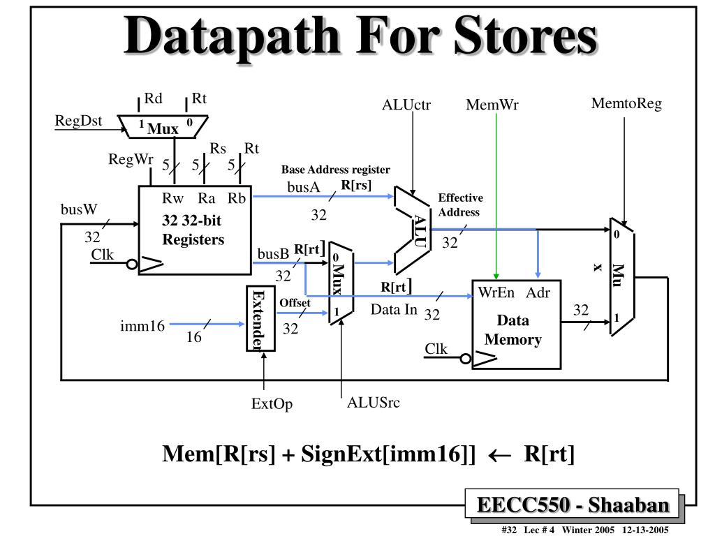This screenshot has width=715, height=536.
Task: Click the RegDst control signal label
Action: point(78,121)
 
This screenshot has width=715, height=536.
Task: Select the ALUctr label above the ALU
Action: point(406,105)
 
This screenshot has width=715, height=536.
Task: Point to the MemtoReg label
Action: point(626,105)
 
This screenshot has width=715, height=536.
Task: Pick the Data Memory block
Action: point(517,325)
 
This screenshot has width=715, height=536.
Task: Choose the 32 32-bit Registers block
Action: point(194,230)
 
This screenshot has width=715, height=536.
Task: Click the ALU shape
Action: point(416,230)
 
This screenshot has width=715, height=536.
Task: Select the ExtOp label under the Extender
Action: point(272,405)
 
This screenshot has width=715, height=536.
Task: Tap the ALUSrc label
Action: point(374,403)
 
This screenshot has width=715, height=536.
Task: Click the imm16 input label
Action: point(142,325)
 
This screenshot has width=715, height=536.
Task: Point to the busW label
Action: point(79,209)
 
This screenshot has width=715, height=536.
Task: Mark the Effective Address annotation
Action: point(459,205)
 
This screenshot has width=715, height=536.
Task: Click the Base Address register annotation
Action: point(335,170)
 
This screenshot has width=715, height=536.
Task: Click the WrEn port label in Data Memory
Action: point(496,292)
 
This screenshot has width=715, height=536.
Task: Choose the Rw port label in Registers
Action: point(172,199)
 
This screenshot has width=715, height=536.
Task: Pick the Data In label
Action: point(394,310)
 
